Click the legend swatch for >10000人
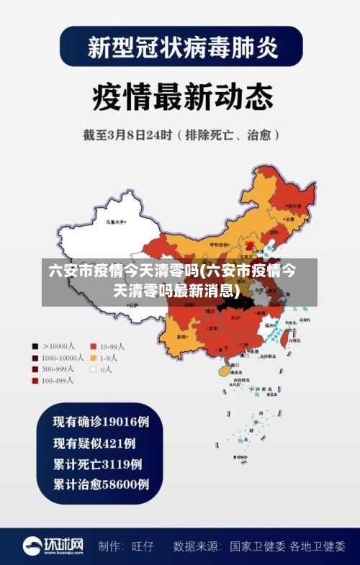[35, 345]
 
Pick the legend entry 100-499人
[59, 380]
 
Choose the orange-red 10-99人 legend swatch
[93, 345]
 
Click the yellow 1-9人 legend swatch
[93, 357]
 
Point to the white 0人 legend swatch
[93, 369]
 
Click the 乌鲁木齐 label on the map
[115, 222]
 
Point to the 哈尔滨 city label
[294, 206]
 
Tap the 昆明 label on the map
[183, 335]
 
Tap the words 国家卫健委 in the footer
[258, 546]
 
